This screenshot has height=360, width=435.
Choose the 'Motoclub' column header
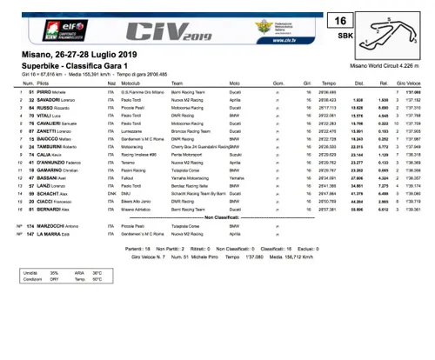coord(131,83)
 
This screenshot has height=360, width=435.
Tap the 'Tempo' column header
coord(328,83)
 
